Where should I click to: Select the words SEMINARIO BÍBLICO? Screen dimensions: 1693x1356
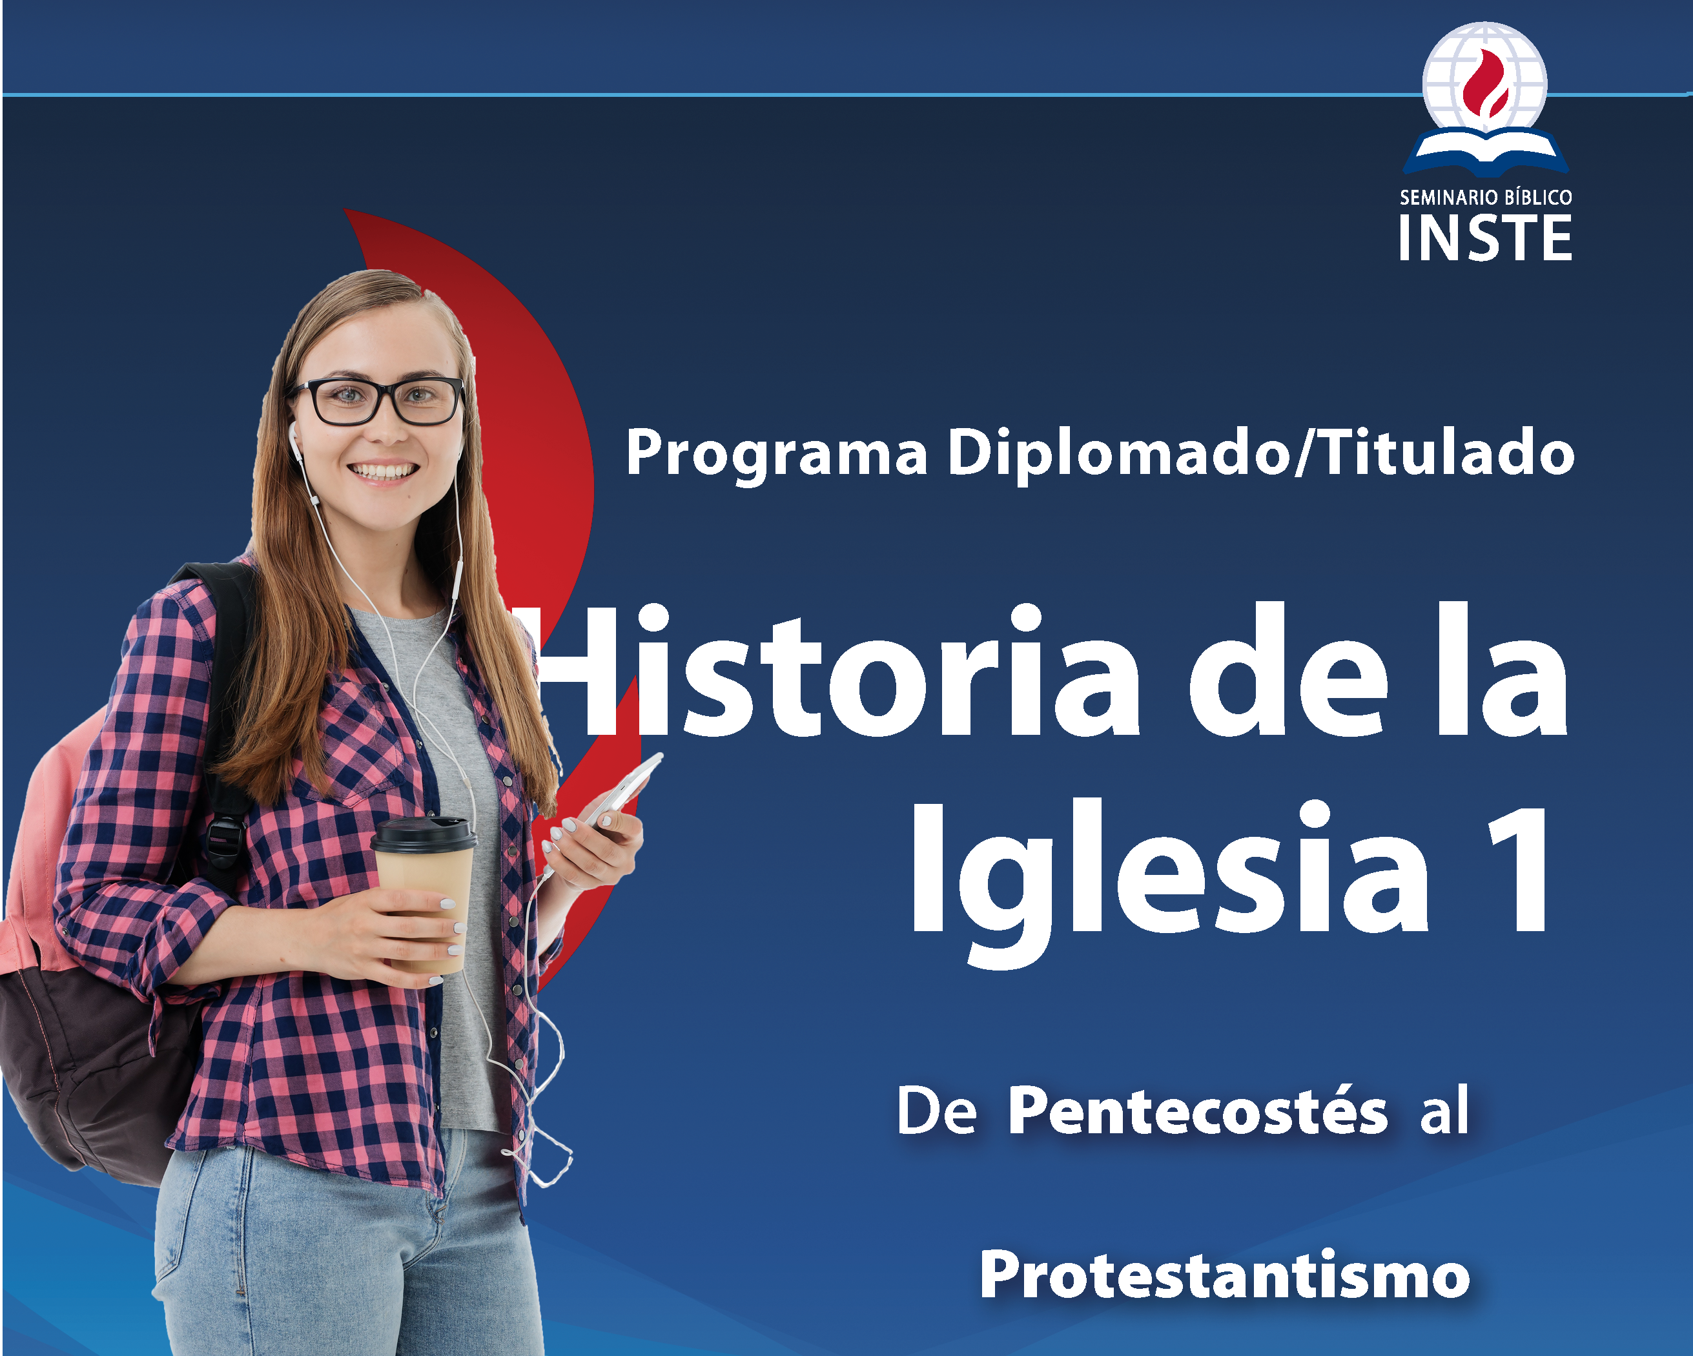click(x=1486, y=197)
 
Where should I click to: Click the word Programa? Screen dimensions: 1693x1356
click(x=777, y=454)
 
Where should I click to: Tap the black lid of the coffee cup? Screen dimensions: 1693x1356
click(x=424, y=834)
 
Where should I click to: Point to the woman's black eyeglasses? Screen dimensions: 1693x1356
click(x=378, y=400)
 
